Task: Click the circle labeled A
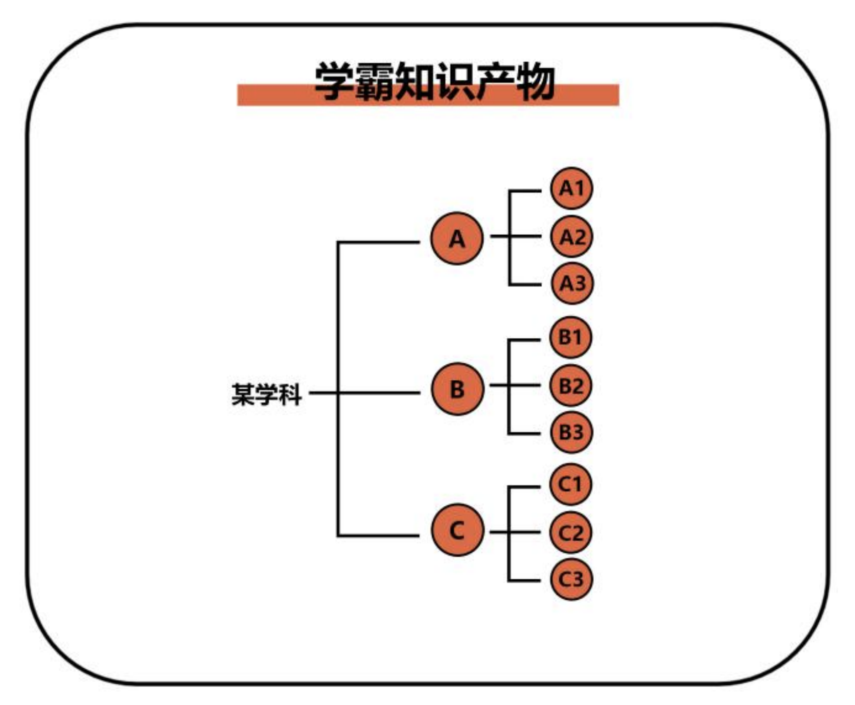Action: point(457,238)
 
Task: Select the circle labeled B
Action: point(457,389)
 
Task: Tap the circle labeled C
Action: point(457,530)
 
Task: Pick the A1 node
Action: point(571,188)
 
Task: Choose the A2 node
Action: point(572,237)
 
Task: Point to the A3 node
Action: point(572,283)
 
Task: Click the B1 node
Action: point(571,337)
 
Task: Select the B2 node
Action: point(571,386)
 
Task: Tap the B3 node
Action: point(571,432)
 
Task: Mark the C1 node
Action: point(571,484)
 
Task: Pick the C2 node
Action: point(571,533)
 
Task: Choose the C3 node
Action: point(571,579)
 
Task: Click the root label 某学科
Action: point(266,394)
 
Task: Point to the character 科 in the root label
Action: point(290,394)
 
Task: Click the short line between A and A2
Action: point(516,236)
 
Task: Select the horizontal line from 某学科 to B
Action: point(365,393)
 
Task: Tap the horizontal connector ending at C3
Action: point(524,581)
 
